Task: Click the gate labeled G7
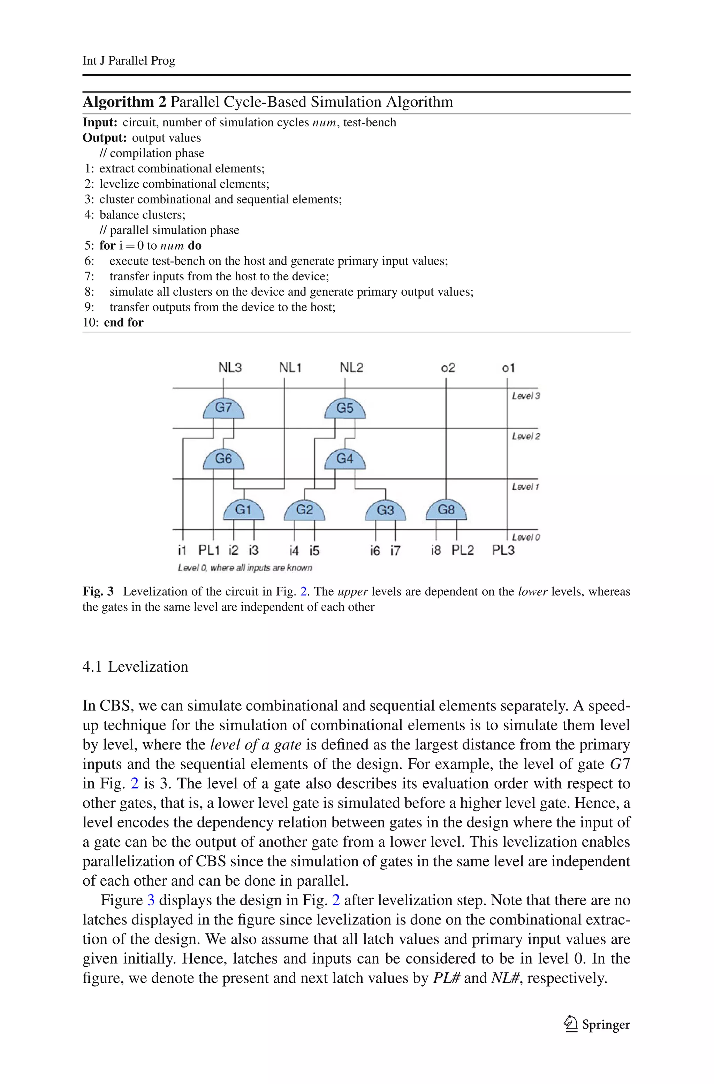(223, 408)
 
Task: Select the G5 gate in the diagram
(345, 408)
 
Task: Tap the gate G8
(446, 510)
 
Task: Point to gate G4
(345, 459)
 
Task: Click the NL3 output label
(230, 367)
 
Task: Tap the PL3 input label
(503, 550)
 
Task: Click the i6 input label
(375, 551)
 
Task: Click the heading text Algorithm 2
(124, 102)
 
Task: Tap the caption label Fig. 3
(98, 591)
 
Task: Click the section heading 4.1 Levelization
(135, 666)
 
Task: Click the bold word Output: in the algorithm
(104, 138)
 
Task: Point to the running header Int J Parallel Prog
(129, 61)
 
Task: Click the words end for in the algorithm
(123, 322)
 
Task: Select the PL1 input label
(209, 550)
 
